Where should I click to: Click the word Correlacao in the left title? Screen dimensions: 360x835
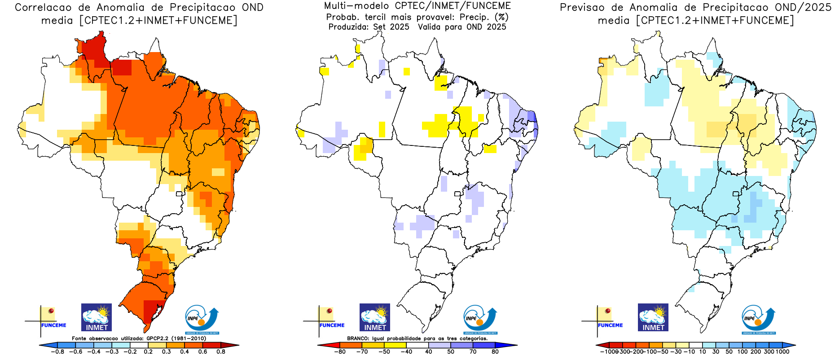tap(43, 8)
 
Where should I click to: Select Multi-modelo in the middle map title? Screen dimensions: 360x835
tap(356, 6)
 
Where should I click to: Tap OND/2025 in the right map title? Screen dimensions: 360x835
tap(803, 8)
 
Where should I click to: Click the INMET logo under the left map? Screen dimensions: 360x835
tap(97, 317)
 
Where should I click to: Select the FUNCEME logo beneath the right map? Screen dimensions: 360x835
tap(609, 319)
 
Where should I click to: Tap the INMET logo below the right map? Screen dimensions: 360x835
tap(653, 317)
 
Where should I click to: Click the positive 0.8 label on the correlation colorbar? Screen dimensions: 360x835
tap(221, 352)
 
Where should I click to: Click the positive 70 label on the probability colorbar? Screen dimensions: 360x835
tap(473, 352)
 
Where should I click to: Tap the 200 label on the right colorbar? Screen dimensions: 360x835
tap(756, 352)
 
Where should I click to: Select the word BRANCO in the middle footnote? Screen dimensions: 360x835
tap(358, 338)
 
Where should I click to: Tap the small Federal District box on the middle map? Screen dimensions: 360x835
tap(457, 194)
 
